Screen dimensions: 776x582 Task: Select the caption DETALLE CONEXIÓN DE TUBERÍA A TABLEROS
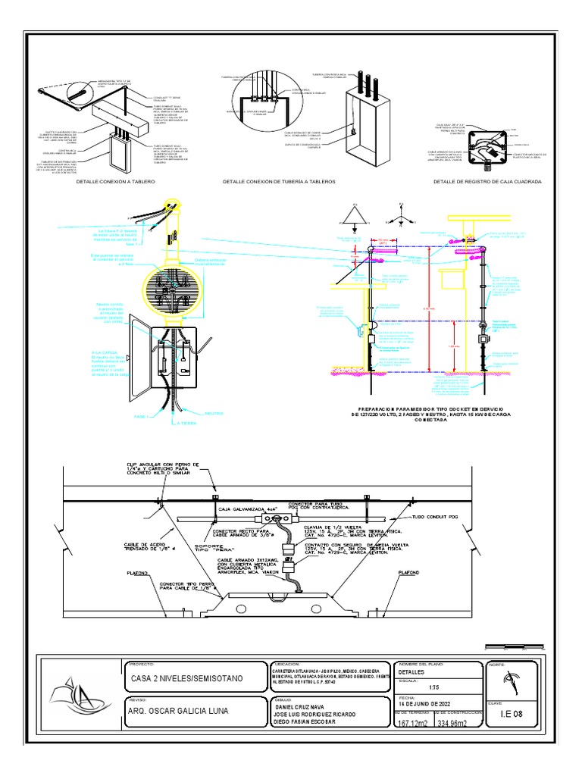tap(278, 183)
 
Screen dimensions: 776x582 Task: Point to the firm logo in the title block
tap(76, 695)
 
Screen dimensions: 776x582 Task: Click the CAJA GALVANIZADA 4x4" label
tap(246, 509)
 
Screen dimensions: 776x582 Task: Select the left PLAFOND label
tap(138, 574)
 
